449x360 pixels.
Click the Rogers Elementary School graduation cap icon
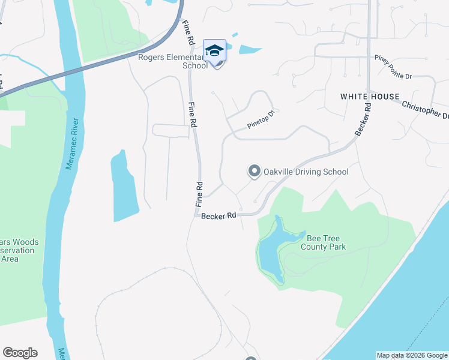tap(214, 50)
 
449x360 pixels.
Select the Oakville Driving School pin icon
tap(254, 172)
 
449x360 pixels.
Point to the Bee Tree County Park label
tap(324, 242)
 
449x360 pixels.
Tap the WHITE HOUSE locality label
tap(370, 97)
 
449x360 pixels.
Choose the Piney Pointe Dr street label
tap(393, 67)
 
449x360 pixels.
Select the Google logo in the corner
tap(20, 353)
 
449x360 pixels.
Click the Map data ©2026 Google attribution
tap(412, 355)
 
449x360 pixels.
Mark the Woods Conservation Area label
tap(19, 251)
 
